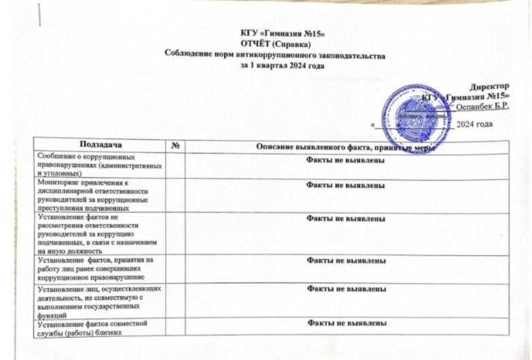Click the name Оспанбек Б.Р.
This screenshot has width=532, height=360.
(x=483, y=107)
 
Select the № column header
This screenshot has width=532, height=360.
(x=175, y=145)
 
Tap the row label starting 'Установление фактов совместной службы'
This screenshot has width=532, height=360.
(x=95, y=327)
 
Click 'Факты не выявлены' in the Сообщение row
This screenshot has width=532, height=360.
(x=347, y=160)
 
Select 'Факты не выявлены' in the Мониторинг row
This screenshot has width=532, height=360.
(x=347, y=185)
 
